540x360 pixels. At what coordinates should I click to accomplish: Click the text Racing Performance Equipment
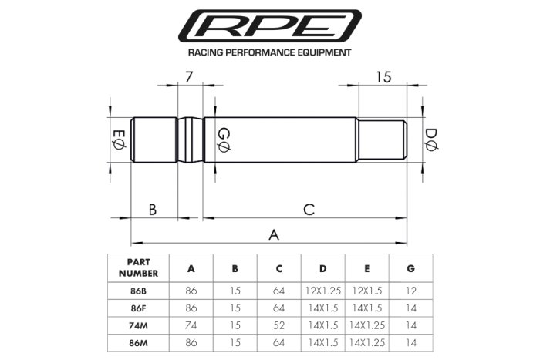pos(270,54)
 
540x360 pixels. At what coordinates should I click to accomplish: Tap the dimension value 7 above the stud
pos(190,76)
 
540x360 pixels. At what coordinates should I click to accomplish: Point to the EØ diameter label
pos(118,141)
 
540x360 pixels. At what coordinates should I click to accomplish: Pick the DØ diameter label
pos(432,141)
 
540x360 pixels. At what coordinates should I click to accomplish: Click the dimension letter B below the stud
pos(153,209)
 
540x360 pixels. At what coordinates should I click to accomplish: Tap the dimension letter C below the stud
pos(308,209)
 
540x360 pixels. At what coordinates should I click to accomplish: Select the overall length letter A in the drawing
pos(272,234)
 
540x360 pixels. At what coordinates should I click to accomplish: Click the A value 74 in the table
pos(191,326)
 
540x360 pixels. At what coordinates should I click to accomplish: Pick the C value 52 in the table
pos(278,326)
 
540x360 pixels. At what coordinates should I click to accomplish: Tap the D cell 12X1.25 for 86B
pos(322,292)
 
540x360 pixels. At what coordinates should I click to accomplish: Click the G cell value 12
pos(410,292)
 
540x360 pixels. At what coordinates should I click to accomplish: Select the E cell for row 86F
pos(366,309)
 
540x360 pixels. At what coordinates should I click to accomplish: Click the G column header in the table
pos(410,268)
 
